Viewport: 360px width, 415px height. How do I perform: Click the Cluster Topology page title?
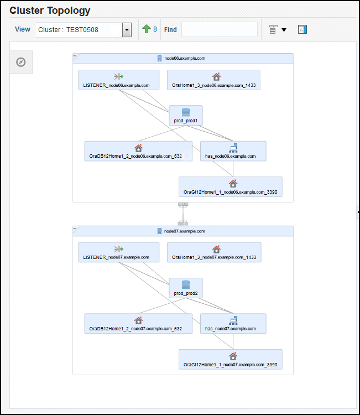[x=50, y=11]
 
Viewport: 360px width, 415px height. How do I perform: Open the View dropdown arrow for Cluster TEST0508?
[x=127, y=30]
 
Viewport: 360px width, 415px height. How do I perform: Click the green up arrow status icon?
[x=146, y=29]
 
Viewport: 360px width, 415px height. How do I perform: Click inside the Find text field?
[x=219, y=29]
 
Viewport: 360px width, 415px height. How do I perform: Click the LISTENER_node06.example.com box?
[x=118, y=80]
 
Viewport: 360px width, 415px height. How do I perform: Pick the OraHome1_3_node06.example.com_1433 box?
[x=214, y=80]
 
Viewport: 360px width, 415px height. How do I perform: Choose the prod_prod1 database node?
[x=185, y=115]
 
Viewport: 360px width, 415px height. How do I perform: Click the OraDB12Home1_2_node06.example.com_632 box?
[x=138, y=151]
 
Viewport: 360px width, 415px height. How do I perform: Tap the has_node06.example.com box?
[x=233, y=151]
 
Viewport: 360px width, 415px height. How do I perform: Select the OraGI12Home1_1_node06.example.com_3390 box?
[x=230, y=186]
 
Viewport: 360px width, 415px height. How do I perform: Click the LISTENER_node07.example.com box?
[x=118, y=252]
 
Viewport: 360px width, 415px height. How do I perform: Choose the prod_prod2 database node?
[x=185, y=288]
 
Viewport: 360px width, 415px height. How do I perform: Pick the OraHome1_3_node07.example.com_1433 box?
[x=214, y=252]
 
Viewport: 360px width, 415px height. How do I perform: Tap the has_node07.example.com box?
[x=233, y=324]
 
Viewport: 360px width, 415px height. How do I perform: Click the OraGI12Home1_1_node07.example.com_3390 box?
[x=230, y=359]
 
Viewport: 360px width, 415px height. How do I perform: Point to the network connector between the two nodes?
[x=182, y=214]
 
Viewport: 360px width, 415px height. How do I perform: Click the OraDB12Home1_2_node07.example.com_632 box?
[x=138, y=324]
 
